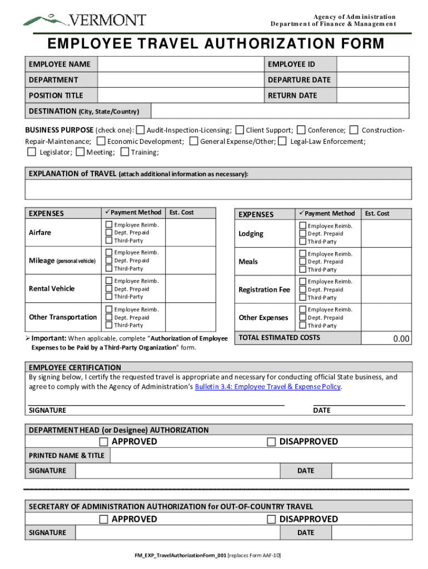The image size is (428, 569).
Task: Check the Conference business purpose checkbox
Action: click(301, 130)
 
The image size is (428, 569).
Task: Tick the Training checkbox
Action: click(125, 152)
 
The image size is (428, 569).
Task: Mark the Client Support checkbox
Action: click(240, 130)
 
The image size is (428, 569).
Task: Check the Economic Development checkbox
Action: click(101, 141)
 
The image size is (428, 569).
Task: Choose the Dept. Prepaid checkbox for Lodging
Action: click(302, 234)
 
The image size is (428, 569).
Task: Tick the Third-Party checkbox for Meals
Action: click(302, 269)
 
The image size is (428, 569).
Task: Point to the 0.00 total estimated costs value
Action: click(401, 339)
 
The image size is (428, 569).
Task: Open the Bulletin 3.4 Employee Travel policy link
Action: click(267, 387)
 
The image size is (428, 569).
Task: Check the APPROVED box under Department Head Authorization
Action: click(103, 442)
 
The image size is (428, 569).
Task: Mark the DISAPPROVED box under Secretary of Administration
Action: click(271, 520)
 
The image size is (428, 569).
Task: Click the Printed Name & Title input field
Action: click(261, 456)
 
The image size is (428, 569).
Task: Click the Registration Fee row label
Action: click(265, 290)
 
